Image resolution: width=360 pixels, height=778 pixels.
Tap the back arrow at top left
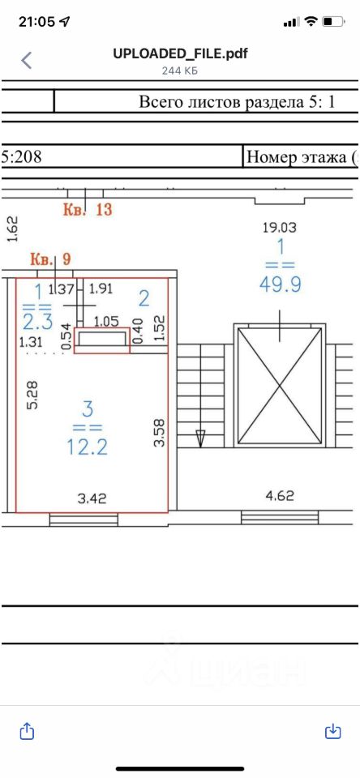(x=26, y=61)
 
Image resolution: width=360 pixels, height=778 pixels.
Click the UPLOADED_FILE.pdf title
(x=180, y=53)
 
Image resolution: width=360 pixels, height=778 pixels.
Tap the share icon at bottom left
(x=27, y=731)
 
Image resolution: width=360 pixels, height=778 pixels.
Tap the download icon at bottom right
(x=332, y=731)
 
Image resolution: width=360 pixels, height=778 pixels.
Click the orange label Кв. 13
(x=88, y=209)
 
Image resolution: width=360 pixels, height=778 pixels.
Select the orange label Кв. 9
(x=51, y=259)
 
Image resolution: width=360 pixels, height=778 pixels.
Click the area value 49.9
(x=280, y=284)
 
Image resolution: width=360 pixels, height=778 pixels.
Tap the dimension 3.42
(x=92, y=498)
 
